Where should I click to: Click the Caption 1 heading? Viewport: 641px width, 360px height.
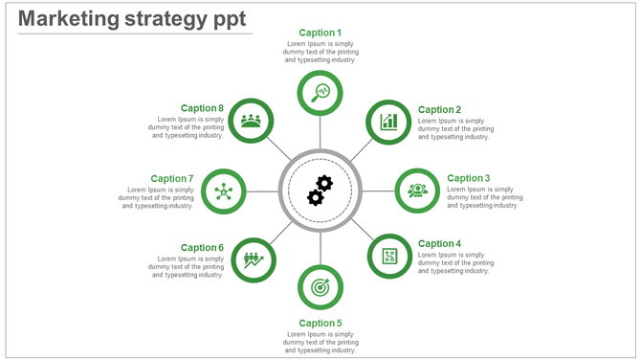(320, 33)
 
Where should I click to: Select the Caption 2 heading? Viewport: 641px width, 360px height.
(440, 110)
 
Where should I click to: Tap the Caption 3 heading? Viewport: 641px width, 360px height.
(469, 178)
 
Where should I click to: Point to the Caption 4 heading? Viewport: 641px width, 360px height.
(440, 244)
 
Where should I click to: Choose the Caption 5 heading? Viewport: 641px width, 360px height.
(320, 323)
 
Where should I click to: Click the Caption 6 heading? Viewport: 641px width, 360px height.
(202, 248)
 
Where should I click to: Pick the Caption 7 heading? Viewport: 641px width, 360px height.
(172, 179)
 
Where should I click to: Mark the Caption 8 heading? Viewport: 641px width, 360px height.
(202, 109)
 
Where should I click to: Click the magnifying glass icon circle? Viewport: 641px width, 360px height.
(320, 93)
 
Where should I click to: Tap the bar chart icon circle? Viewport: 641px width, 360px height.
(389, 122)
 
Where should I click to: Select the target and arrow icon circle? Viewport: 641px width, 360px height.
(320, 286)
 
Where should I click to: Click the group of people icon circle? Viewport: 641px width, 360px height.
(252, 121)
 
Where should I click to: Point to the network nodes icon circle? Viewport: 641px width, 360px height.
(224, 191)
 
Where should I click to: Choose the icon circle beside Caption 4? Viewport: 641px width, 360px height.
(389, 257)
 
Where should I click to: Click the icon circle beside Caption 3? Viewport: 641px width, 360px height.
(417, 190)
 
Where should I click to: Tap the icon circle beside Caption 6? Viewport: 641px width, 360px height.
(253, 259)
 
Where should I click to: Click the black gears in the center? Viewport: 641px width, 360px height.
(320, 190)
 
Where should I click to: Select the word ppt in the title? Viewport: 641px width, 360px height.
(229, 19)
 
